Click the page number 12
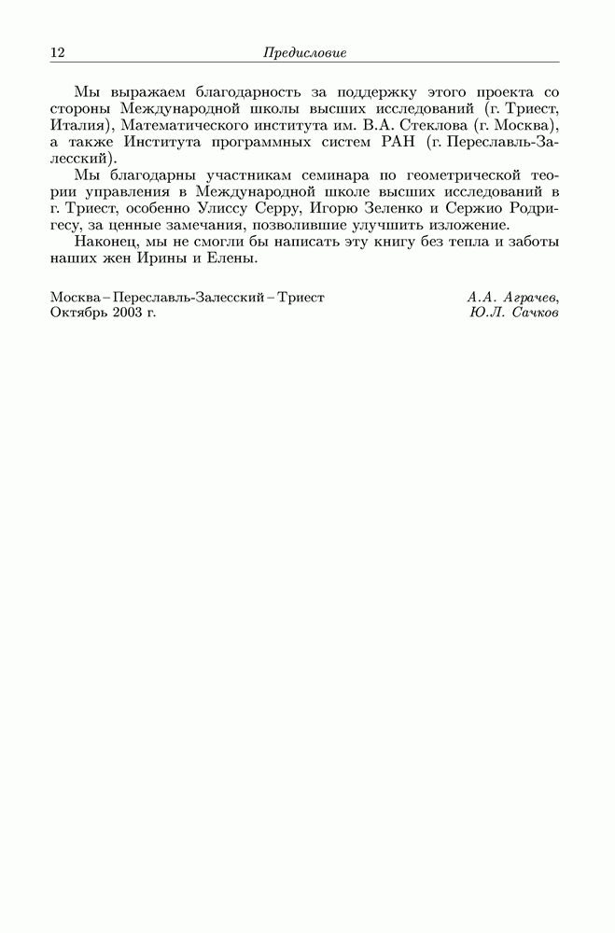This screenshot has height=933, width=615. click(x=57, y=53)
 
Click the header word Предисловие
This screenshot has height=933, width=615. click(x=305, y=53)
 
